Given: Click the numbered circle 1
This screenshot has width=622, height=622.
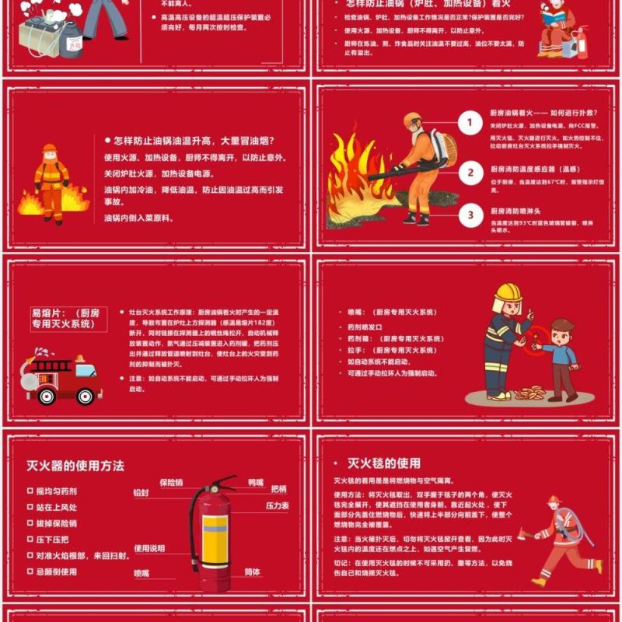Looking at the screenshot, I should (x=470, y=123).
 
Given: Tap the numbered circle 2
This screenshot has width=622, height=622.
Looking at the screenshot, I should (x=470, y=172).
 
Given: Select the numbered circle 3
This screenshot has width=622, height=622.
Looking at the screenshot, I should (x=470, y=214).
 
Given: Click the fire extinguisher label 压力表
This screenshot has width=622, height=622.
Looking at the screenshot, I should (x=278, y=506).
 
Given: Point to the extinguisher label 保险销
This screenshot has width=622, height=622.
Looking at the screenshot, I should (x=171, y=483).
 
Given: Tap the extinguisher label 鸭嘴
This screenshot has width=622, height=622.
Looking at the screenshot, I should (x=255, y=483).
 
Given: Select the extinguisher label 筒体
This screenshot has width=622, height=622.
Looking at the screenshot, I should (x=253, y=571).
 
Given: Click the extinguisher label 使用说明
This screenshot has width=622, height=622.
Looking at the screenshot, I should (x=149, y=548).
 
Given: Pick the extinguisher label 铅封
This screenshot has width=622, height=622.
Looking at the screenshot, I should (x=141, y=493).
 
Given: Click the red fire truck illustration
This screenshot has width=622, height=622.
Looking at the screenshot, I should (x=62, y=379).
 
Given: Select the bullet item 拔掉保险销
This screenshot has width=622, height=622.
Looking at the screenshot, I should (x=57, y=523).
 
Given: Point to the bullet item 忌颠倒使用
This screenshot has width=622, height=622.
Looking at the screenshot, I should (x=57, y=571).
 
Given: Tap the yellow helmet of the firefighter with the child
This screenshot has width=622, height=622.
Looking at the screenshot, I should (x=508, y=292).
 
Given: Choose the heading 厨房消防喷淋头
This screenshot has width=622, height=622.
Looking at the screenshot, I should (x=521, y=210).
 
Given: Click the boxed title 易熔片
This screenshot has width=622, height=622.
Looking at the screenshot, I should (x=65, y=319).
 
